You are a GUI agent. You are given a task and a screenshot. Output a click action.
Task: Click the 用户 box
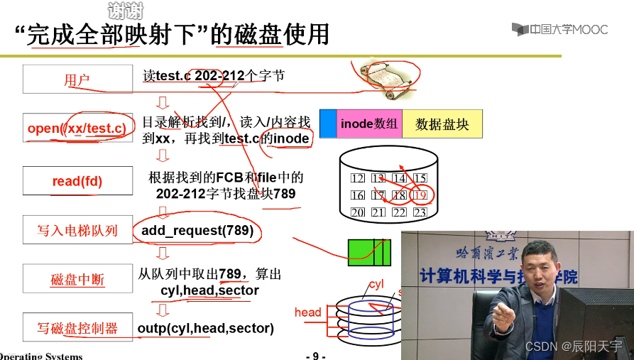[77, 79]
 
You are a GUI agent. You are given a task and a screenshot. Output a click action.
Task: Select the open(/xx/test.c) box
[77, 129]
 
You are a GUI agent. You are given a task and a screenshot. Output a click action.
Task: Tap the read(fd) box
[77, 181]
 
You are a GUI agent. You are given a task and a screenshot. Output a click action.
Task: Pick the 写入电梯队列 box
[77, 230]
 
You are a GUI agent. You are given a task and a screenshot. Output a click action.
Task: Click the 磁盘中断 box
[77, 279]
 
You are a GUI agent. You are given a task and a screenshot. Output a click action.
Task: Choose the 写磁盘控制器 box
[77, 328]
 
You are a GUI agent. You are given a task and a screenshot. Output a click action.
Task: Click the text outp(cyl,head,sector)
[206, 328]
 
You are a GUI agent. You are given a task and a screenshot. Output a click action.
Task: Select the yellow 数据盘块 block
[442, 124]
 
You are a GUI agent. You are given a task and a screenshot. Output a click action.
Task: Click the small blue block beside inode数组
[327, 124]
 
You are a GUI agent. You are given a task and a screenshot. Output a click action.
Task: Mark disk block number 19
[420, 195]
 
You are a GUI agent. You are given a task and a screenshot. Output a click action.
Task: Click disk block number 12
[358, 178]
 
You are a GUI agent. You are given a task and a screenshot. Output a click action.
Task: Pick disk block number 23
[420, 212]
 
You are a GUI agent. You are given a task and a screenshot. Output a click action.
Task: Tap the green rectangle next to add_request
[368, 251]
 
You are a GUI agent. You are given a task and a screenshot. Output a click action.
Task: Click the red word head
[308, 312]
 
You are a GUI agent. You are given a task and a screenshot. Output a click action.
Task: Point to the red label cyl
[376, 284]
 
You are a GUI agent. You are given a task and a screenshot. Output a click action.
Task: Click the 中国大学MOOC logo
[559, 29]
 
